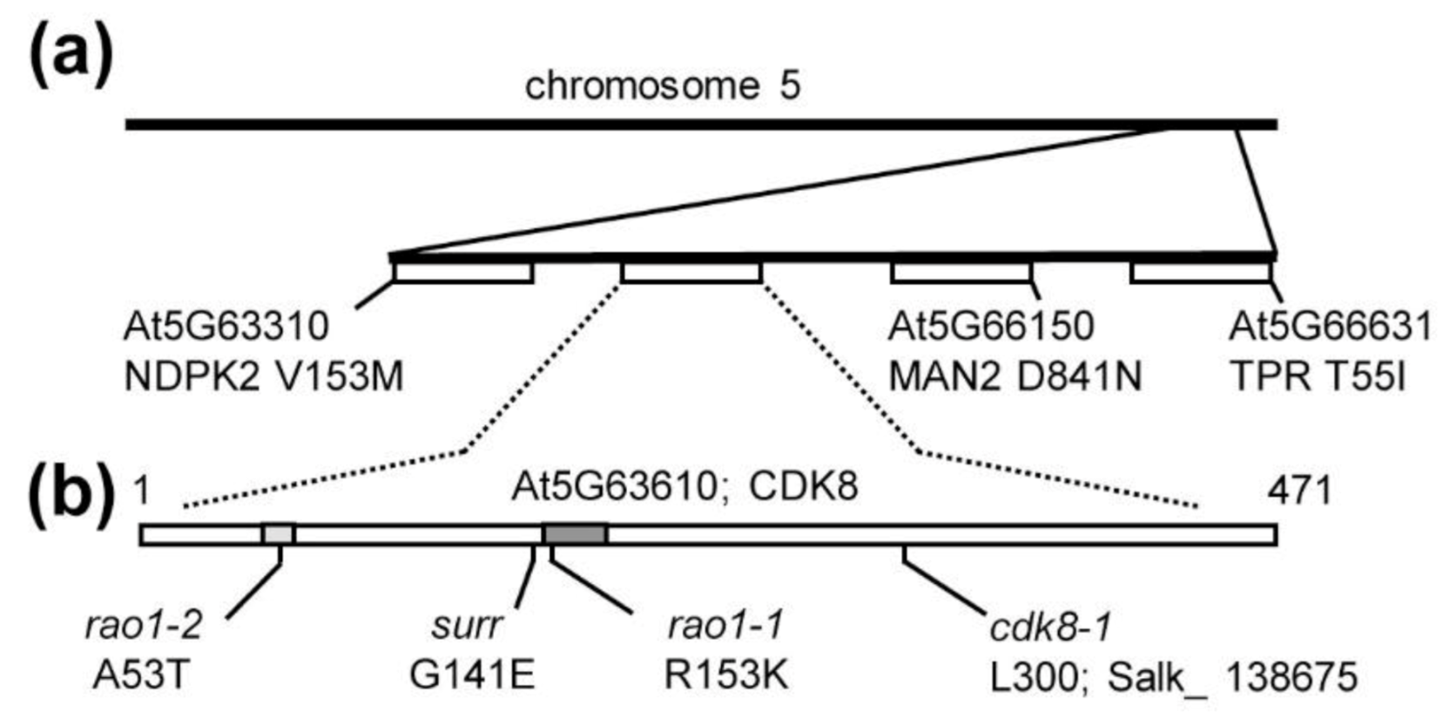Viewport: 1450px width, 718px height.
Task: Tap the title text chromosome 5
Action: [662, 86]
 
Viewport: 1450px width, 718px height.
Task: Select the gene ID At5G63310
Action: [226, 327]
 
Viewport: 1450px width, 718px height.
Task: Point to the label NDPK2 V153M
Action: [264, 377]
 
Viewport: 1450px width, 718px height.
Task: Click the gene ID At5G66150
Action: [990, 327]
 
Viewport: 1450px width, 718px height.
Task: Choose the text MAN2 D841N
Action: [1015, 377]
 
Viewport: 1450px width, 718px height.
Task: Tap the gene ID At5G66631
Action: [1330, 327]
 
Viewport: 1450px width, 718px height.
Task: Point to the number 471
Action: [1299, 491]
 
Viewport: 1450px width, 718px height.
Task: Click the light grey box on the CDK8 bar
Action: [279, 533]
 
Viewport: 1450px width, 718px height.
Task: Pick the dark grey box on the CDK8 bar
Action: [575, 533]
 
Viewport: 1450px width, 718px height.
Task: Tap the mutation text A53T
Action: [140, 675]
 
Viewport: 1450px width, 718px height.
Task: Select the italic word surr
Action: [467, 625]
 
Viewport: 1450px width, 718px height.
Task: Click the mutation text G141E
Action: [471, 675]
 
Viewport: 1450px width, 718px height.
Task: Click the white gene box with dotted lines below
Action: [691, 273]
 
